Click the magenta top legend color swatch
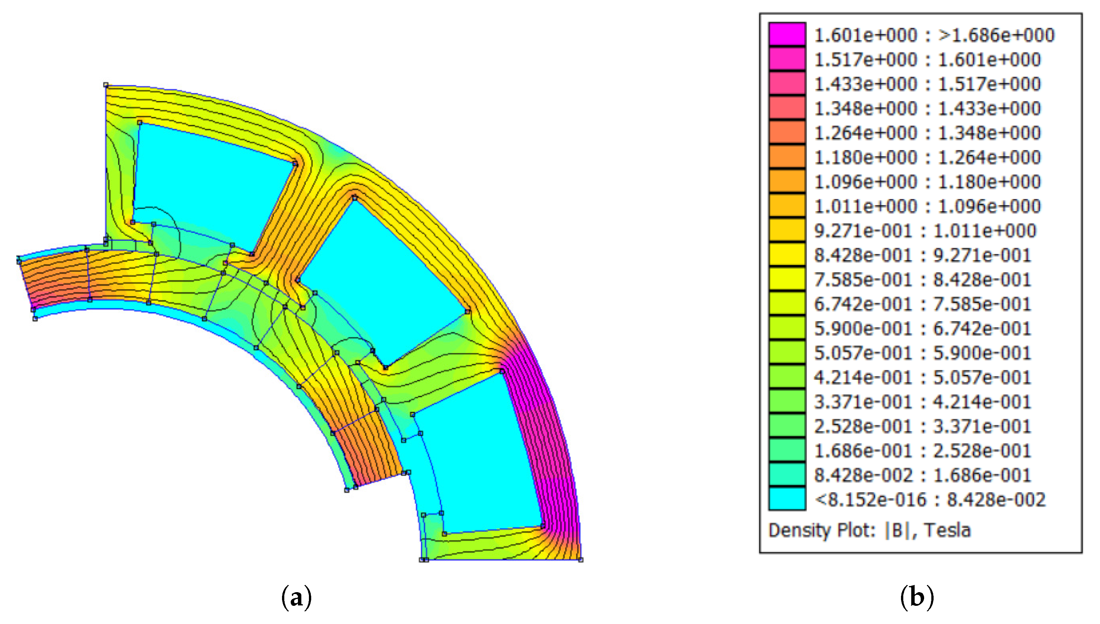click(787, 34)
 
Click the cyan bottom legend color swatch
click(787, 499)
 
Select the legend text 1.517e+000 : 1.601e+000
click(927, 60)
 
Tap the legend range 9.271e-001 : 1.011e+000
click(925, 230)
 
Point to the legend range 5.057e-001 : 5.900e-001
click(923, 353)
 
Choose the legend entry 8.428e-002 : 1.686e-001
click(923, 475)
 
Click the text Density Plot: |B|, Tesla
click(870, 530)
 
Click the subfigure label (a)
click(296, 597)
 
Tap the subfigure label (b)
click(917, 597)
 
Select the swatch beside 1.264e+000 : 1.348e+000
click(787, 132)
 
